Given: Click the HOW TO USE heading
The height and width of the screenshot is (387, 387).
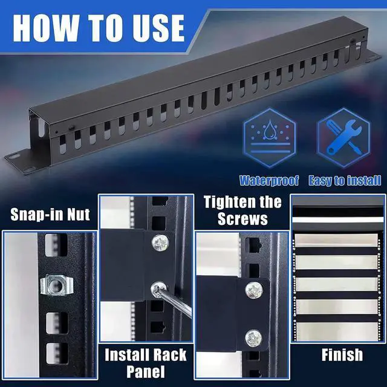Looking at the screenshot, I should (x=98, y=27).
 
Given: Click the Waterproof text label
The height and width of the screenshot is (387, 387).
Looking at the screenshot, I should (x=270, y=180).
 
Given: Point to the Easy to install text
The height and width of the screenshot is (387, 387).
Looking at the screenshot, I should (x=345, y=180).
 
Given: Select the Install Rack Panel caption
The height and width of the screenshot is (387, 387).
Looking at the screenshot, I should (x=146, y=363).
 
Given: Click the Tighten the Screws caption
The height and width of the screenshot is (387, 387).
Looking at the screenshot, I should (x=242, y=210).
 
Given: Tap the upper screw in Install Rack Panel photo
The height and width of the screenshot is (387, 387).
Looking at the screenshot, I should (x=160, y=243).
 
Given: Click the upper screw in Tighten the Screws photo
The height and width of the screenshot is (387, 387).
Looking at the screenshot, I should (x=254, y=290).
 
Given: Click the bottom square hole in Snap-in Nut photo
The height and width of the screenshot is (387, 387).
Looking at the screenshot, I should (x=56, y=353).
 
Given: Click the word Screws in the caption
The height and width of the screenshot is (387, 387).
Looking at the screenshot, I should (x=242, y=218).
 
